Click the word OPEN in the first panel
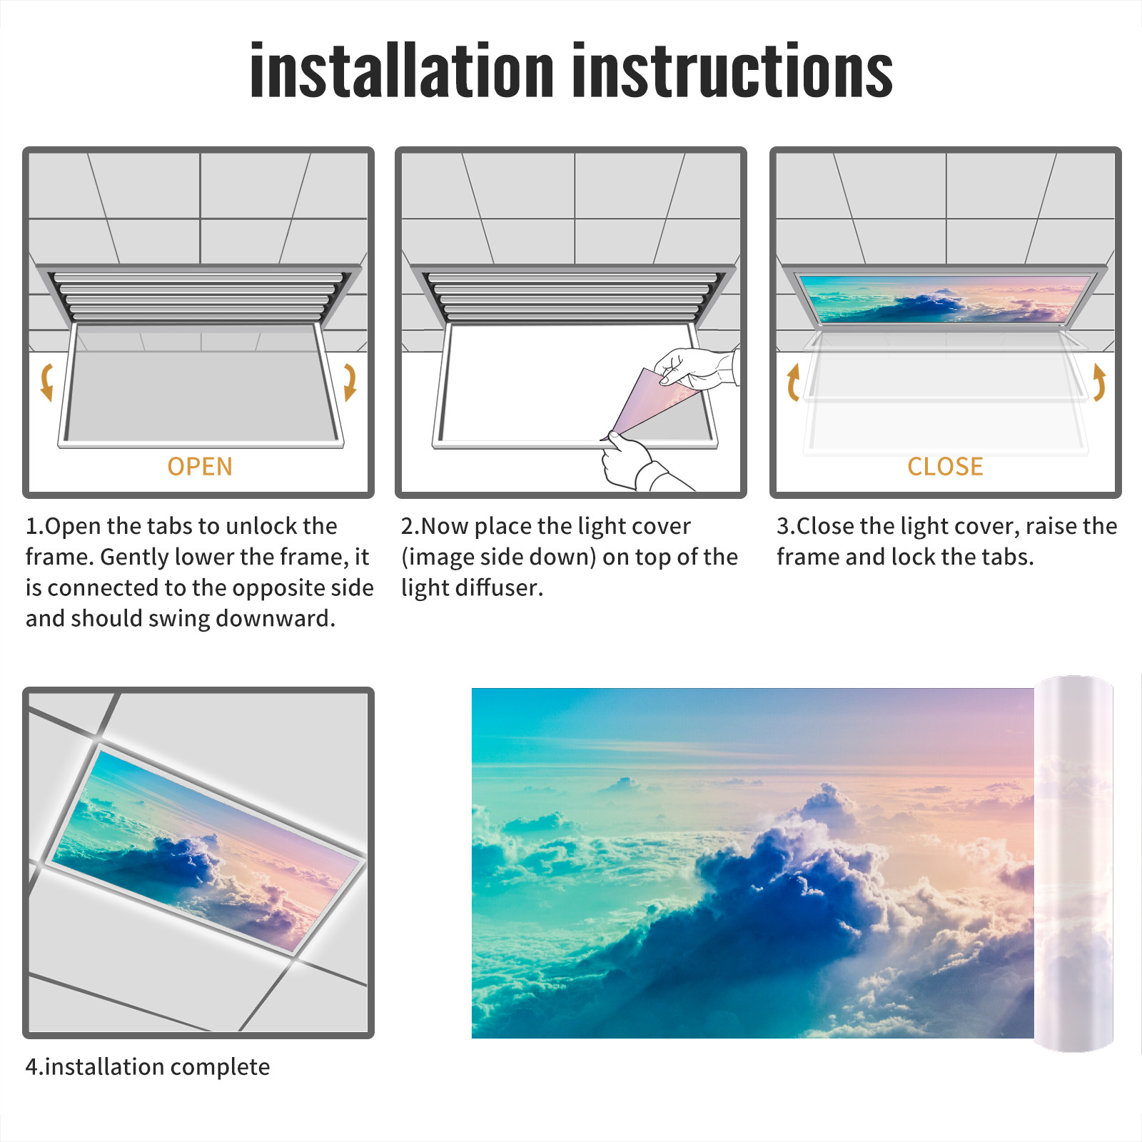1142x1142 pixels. pyautogui.click(x=200, y=467)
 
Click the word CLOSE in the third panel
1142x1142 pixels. pyautogui.click(x=945, y=467)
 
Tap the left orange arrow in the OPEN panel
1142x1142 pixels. pyautogui.click(x=47, y=382)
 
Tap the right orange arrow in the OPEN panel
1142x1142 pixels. pyautogui.click(x=350, y=382)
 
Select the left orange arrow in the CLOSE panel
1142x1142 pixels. pyautogui.click(x=792, y=382)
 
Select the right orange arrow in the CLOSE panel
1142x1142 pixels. pyautogui.click(x=1099, y=382)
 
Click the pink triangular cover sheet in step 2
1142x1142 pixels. pyautogui.click(x=650, y=403)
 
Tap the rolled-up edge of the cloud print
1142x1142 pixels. pyautogui.click(x=1073, y=864)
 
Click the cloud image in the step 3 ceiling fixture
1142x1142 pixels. pyautogui.click(x=945, y=298)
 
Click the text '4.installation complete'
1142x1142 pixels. pyautogui.click(x=148, y=1067)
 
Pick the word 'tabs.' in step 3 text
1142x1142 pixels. pyautogui.click(x=1006, y=557)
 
